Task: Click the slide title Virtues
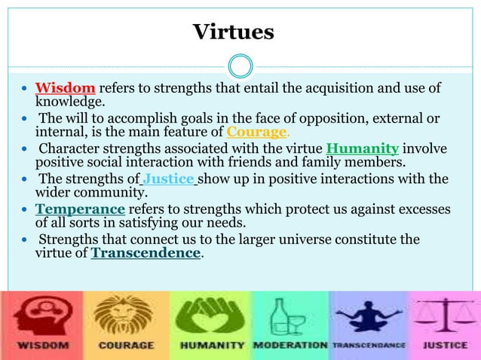click(233, 32)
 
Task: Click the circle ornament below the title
click(240, 66)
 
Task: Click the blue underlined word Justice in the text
click(169, 178)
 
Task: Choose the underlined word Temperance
click(80, 209)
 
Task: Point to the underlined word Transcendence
click(146, 253)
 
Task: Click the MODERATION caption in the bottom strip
click(290, 345)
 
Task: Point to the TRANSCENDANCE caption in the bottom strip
click(369, 345)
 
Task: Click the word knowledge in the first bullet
click(69, 102)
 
